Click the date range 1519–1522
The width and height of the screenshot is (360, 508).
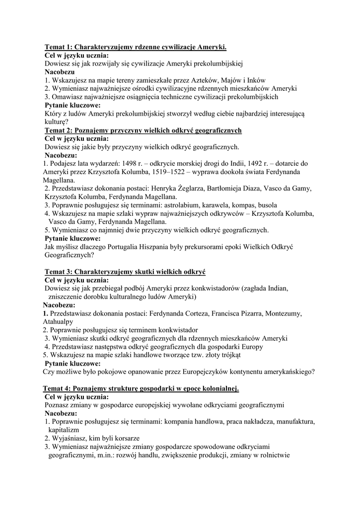point(183,172)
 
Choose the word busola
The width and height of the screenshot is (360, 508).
point(266,205)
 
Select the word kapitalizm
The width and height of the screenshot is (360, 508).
point(64,430)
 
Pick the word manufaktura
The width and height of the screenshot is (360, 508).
point(289,422)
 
